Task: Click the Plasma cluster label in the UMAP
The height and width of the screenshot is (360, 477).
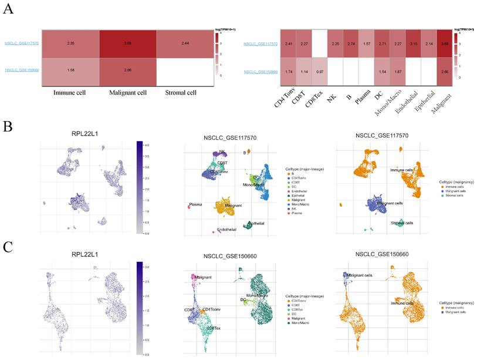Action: click(194, 206)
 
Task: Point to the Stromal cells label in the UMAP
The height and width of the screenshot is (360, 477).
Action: click(404, 223)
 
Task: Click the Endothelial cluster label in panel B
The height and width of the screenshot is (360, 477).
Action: click(226, 230)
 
